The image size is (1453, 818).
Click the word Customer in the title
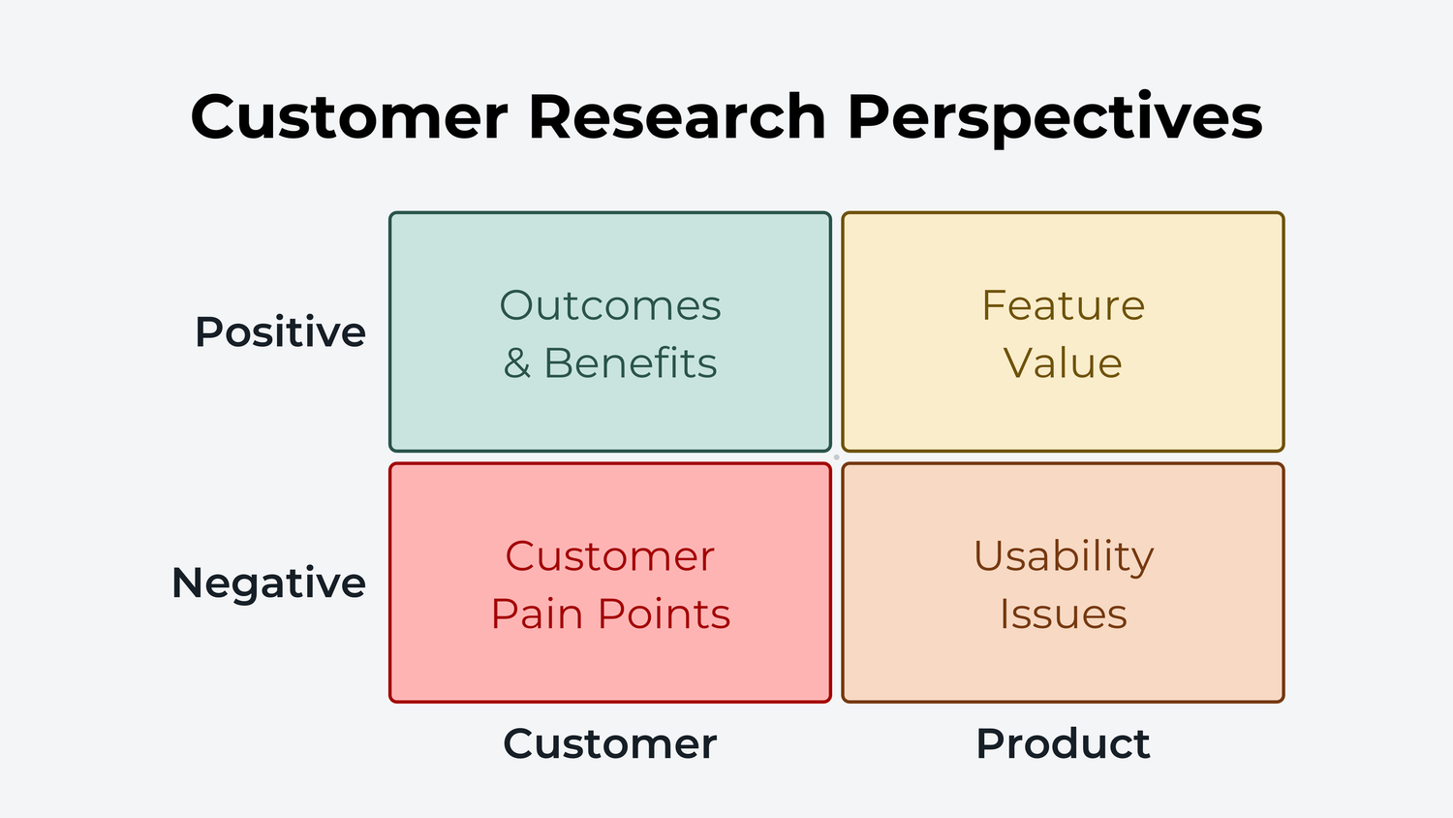[349, 117]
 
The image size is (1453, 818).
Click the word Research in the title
[676, 117]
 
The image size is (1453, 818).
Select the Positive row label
[280, 332]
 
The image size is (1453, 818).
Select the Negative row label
[268, 583]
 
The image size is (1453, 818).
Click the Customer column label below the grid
[609, 744]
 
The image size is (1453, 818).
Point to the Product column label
[1063, 744]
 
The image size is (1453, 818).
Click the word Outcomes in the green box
[610, 306]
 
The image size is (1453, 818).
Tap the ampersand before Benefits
[517, 364]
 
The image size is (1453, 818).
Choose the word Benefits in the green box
[631, 363]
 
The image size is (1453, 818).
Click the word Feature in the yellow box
[1063, 306]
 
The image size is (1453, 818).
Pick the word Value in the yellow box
[1063, 363]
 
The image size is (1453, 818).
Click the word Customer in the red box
[609, 557]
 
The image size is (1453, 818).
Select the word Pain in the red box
[538, 614]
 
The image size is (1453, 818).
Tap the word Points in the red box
[664, 614]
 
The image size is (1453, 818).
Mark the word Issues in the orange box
[1063, 614]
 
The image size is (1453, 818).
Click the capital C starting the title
[214, 117]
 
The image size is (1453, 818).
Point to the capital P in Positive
[208, 332]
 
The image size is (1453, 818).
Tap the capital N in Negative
[187, 583]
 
